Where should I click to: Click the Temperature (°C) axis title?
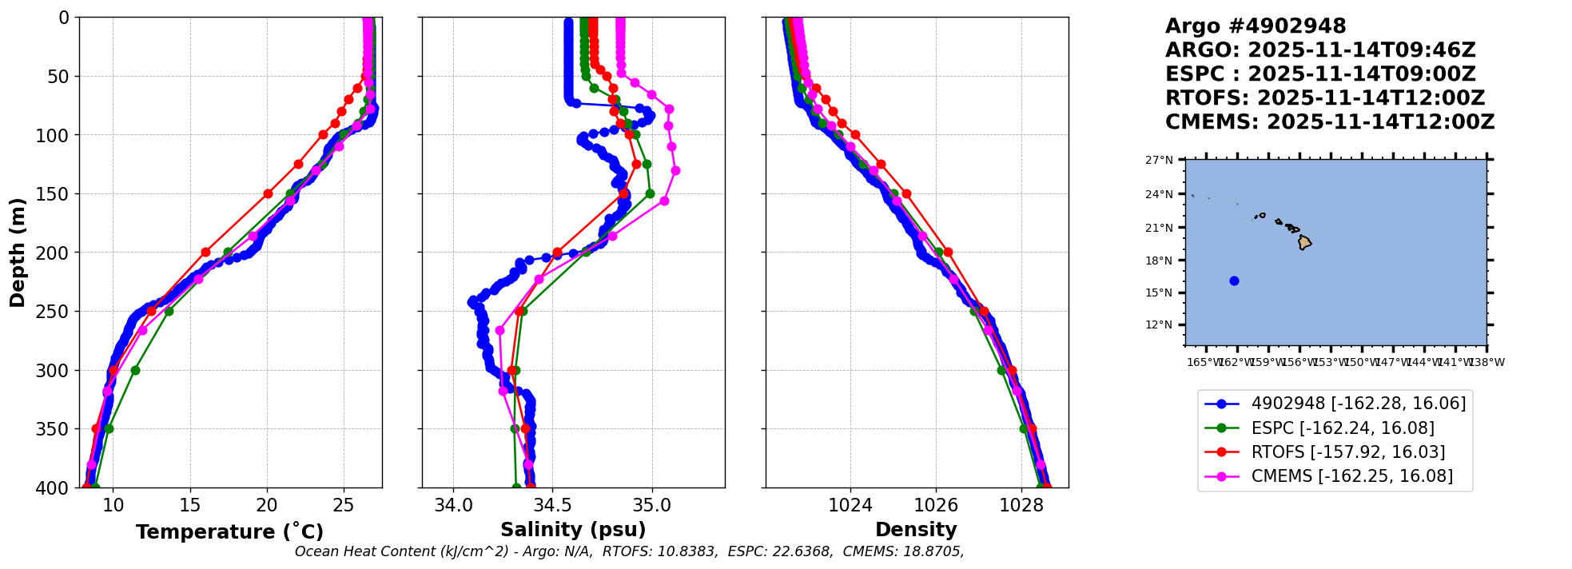229,532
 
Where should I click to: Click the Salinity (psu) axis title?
573,530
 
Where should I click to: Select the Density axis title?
916,530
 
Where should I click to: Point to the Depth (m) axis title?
18,253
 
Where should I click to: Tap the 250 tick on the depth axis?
56,312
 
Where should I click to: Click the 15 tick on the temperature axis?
190,505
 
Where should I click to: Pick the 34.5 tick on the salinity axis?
552,505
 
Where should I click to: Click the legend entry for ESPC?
1342,428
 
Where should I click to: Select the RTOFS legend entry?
1347,452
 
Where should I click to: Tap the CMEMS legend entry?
1351,476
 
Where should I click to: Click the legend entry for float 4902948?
1358,404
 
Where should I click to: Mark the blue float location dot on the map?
1234,281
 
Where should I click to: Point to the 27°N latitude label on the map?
1159,160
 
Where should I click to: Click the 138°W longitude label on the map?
1486,362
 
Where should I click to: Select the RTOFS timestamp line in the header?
1324,98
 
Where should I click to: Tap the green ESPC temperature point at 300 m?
135,370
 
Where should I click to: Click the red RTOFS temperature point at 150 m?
268,193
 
